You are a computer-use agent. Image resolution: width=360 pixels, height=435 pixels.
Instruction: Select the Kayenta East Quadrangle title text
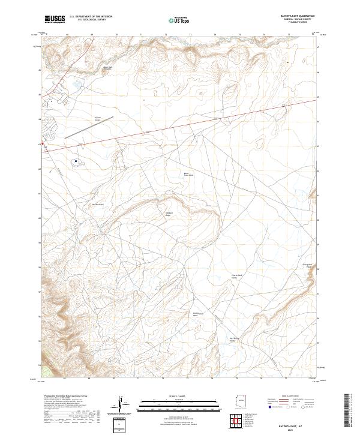pyautogui.click(x=297, y=16)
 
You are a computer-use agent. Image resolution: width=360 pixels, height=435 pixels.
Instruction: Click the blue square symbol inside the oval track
pyautogui.click(x=76, y=161)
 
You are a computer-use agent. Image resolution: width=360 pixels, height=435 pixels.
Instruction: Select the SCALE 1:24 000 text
pyautogui.click(x=179, y=397)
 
